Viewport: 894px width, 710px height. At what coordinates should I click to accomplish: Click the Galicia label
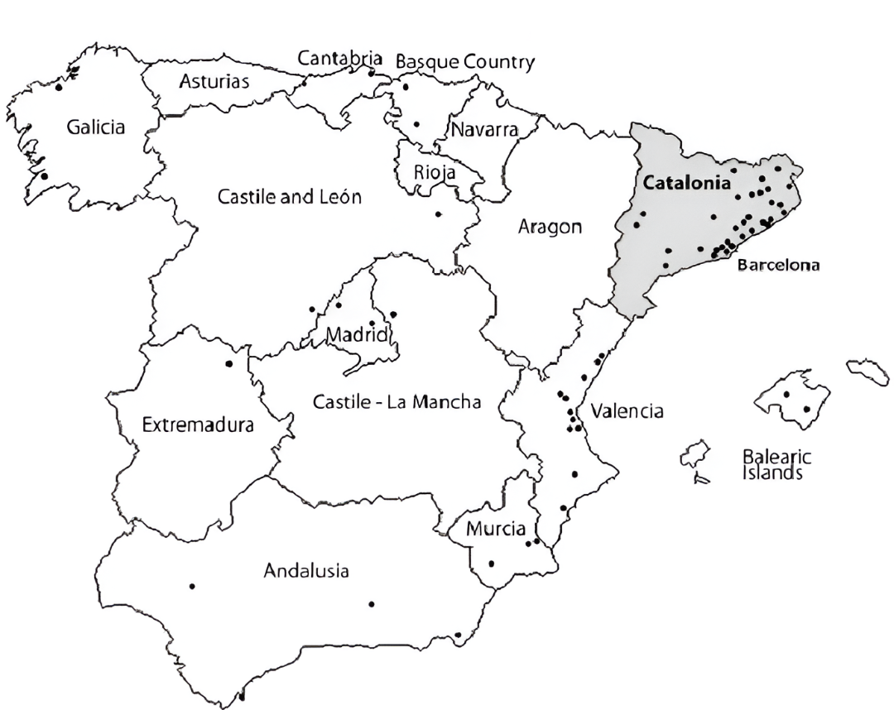96,127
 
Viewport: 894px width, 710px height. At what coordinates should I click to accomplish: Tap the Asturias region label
214,82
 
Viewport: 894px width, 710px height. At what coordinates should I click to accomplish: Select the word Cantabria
340,59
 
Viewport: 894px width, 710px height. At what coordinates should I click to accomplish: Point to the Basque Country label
465,62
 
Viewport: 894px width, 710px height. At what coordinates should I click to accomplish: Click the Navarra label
484,130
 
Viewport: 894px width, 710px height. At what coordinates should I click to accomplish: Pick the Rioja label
435,172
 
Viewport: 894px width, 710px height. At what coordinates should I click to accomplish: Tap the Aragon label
550,226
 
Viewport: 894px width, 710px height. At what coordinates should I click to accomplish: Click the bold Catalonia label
687,184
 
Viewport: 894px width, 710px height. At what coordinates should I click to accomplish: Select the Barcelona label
778,266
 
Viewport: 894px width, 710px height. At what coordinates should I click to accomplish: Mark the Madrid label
357,335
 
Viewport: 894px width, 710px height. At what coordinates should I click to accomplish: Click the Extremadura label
198,425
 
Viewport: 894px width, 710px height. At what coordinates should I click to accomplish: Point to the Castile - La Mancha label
397,403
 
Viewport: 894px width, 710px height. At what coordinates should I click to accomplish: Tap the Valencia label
626,411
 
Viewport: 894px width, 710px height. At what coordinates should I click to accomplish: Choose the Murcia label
496,529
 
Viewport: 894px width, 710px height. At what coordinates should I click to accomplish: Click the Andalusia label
306,570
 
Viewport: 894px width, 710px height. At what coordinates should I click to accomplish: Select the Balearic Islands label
776,465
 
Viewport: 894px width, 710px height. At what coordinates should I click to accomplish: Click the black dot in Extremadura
229,363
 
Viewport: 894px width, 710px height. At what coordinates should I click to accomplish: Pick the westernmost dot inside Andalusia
192,586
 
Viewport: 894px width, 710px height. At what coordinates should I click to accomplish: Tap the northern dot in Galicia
58,86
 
